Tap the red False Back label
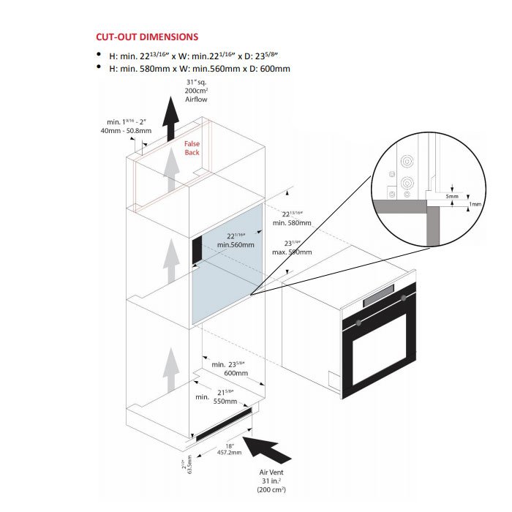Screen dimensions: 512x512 (x=192, y=148)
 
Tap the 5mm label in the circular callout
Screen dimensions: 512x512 (x=453, y=197)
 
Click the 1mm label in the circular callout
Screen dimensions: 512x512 (x=475, y=204)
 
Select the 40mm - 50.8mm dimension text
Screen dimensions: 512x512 (x=129, y=131)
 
